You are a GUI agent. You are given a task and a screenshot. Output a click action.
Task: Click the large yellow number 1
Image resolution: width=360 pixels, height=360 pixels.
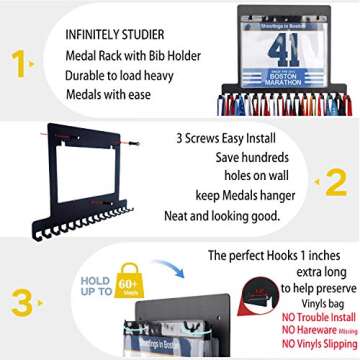click(x=18, y=63)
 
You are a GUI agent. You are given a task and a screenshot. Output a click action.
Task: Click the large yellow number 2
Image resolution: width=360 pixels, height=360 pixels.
click(x=336, y=181)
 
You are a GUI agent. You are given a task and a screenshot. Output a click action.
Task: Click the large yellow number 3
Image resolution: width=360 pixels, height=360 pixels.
click(x=18, y=301)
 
